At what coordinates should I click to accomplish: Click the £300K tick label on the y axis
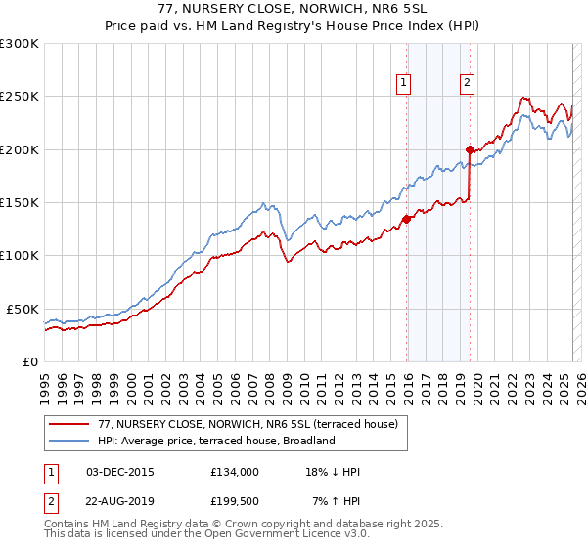20,44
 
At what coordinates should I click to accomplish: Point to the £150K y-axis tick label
20,203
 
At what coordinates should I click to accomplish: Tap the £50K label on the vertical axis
23,309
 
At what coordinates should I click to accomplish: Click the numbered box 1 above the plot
404,83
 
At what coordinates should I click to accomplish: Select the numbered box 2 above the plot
468,83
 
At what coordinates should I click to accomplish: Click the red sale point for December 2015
407,220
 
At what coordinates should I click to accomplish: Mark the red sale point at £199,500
471,149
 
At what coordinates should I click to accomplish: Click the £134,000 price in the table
235,471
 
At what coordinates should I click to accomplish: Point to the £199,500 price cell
235,500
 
